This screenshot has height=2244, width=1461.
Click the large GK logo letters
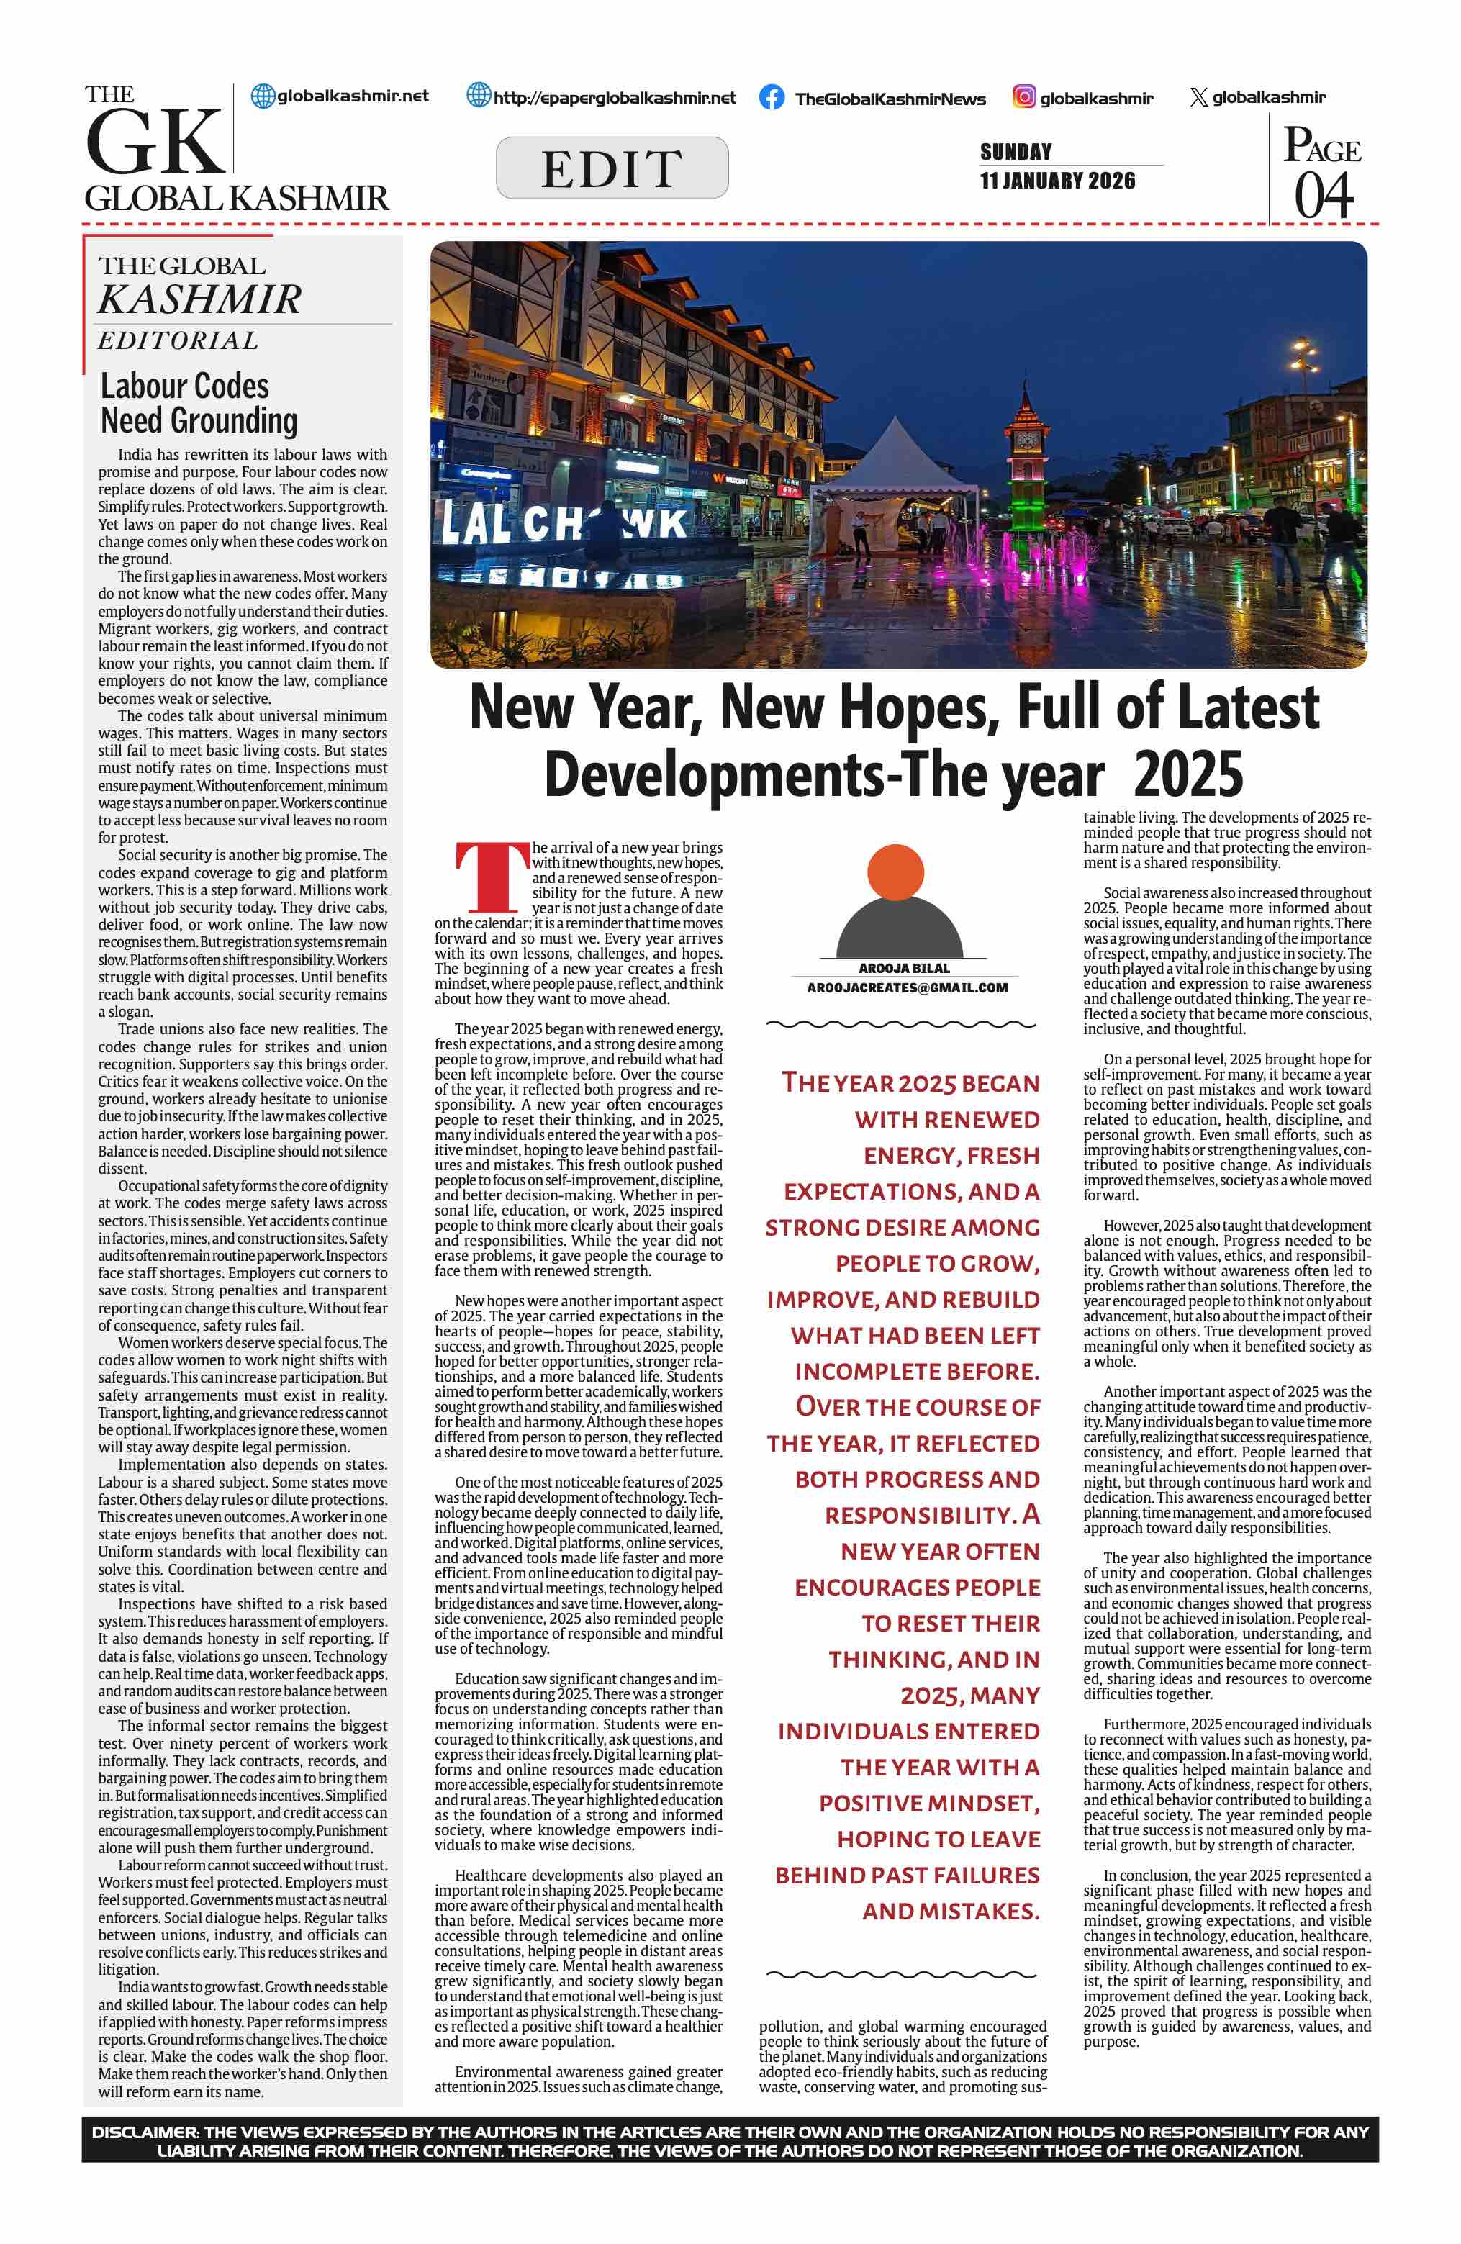(x=153, y=142)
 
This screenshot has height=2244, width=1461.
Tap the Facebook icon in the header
(x=771, y=97)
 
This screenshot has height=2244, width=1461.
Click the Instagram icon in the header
(x=1023, y=96)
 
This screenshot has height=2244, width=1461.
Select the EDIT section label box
(x=612, y=168)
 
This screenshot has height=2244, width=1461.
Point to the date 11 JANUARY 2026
(x=1057, y=181)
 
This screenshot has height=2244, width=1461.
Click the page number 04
(x=1324, y=195)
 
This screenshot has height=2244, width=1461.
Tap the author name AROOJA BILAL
(x=904, y=968)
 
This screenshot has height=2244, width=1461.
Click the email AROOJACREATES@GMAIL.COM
(x=907, y=987)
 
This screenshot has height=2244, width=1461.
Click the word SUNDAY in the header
(x=1016, y=152)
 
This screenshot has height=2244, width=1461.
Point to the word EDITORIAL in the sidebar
(x=178, y=340)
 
